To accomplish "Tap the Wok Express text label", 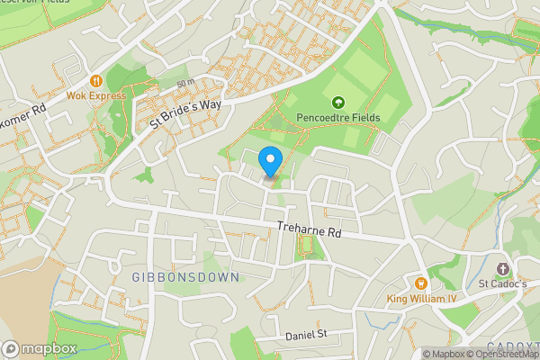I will point(95,94).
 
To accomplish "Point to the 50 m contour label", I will point(185,83).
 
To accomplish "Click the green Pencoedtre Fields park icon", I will point(338,103).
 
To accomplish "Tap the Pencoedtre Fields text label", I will point(338,118).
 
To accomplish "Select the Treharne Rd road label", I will point(310,231).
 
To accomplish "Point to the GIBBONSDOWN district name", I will point(184,277).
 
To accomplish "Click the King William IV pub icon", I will point(420,283).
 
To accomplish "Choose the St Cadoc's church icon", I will point(502,268).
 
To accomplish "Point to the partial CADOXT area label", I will point(513,346).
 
